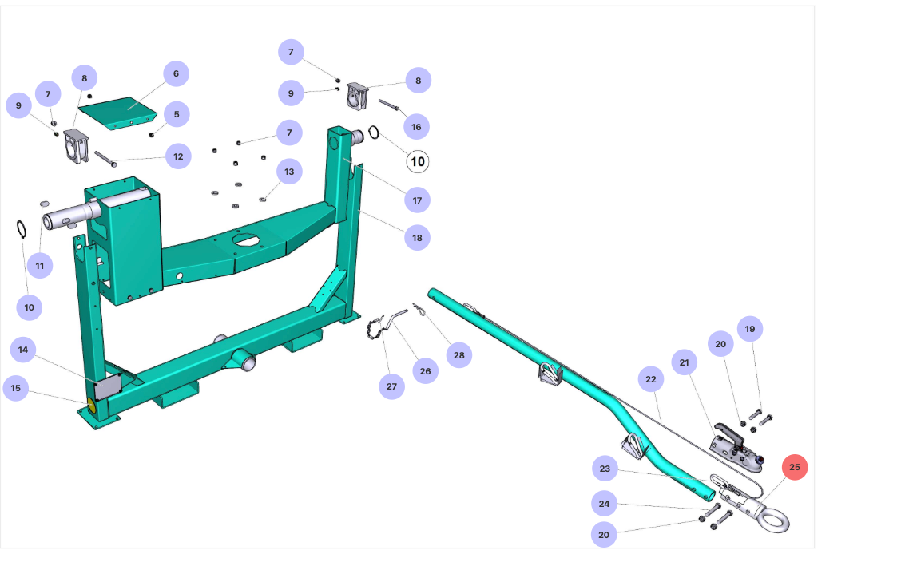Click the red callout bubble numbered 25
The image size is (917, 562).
pyautogui.click(x=794, y=467)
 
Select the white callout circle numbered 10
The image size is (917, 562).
pyautogui.click(x=417, y=161)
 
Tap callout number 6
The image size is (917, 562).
pyautogui.click(x=176, y=73)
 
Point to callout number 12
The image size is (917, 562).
pyautogui.click(x=177, y=156)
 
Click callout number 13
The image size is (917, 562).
pyautogui.click(x=289, y=171)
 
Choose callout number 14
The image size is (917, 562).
pyautogui.click(x=23, y=350)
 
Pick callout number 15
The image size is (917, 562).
pyautogui.click(x=16, y=389)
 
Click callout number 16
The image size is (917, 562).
pyautogui.click(x=416, y=126)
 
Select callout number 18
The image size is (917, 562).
pyautogui.click(x=417, y=237)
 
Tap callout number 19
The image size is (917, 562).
pyautogui.click(x=749, y=328)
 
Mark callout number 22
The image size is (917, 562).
pyautogui.click(x=651, y=379)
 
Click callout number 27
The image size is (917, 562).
pyautogui.click(x=391, y=386)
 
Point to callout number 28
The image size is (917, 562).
pyautogui.click(x=458, y=355)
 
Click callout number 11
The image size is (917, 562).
pyautogui.click(x=40, y=265)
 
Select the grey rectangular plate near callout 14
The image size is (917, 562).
pyautogui.click(x=106, y=387)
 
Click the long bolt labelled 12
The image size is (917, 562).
pyautogui.click(x=106, y=158)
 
